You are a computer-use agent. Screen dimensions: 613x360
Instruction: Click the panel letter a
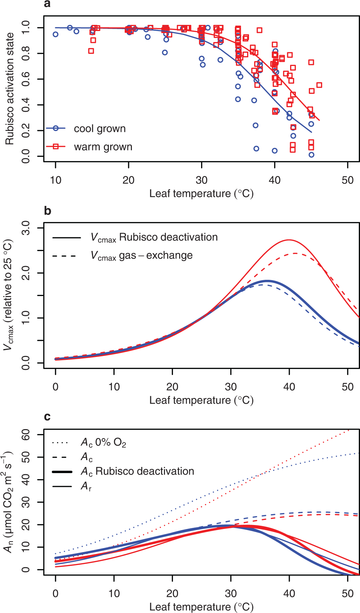(47, 4)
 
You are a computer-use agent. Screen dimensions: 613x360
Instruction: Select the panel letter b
(48, 211)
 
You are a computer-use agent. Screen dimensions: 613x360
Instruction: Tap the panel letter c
(47, 417)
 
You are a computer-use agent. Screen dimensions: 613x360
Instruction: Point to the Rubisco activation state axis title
(9, 89)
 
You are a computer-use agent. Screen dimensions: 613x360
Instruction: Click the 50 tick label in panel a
(347, 180)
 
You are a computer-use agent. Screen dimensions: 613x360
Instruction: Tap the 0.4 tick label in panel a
(26, 105)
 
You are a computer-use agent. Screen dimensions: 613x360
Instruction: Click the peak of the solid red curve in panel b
(289, 240)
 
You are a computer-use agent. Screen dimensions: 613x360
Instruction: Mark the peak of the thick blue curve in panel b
(267, 281)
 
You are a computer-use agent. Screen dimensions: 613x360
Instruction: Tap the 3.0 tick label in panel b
(26, 228)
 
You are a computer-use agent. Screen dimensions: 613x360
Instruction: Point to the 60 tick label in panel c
(26, 435)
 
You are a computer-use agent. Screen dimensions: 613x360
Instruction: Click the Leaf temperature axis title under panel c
(201, 607)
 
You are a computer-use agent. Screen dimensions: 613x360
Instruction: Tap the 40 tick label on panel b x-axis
(289, 387)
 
